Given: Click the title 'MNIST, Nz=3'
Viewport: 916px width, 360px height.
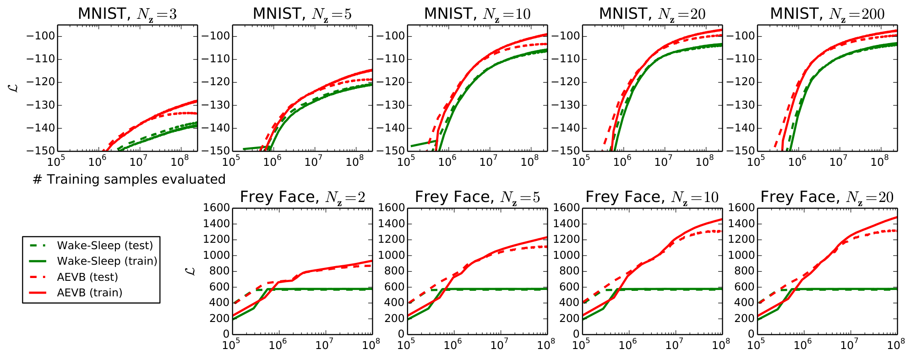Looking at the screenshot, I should pos(127,14).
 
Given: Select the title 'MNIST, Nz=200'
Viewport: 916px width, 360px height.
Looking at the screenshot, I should pos(827,14).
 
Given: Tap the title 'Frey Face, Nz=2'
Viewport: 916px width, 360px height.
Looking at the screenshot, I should pos(302,197).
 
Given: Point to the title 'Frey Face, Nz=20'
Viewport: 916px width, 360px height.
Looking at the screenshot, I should pos(827,197).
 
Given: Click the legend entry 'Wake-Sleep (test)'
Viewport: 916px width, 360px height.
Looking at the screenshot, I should pos(105,245).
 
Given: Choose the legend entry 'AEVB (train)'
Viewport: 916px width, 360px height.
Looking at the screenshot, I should pos(90,293).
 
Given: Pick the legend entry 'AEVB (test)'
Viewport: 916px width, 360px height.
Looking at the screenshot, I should pos(87,277).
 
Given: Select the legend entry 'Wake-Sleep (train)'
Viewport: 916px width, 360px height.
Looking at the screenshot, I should pos(107,261).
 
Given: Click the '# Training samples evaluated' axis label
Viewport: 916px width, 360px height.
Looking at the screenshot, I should pos(129,180).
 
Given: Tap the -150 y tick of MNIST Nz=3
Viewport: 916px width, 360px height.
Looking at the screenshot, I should pos(40,151).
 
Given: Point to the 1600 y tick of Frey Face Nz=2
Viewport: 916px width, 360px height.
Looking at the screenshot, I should pos(216,208).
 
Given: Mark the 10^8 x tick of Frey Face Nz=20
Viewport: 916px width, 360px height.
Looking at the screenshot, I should pos(895,345).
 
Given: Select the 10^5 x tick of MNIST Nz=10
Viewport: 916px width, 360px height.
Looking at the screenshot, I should pos(406,162).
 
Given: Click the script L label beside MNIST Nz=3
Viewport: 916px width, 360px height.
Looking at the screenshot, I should pos(14,86).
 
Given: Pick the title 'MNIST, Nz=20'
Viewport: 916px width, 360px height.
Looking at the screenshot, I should pos(652,14).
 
